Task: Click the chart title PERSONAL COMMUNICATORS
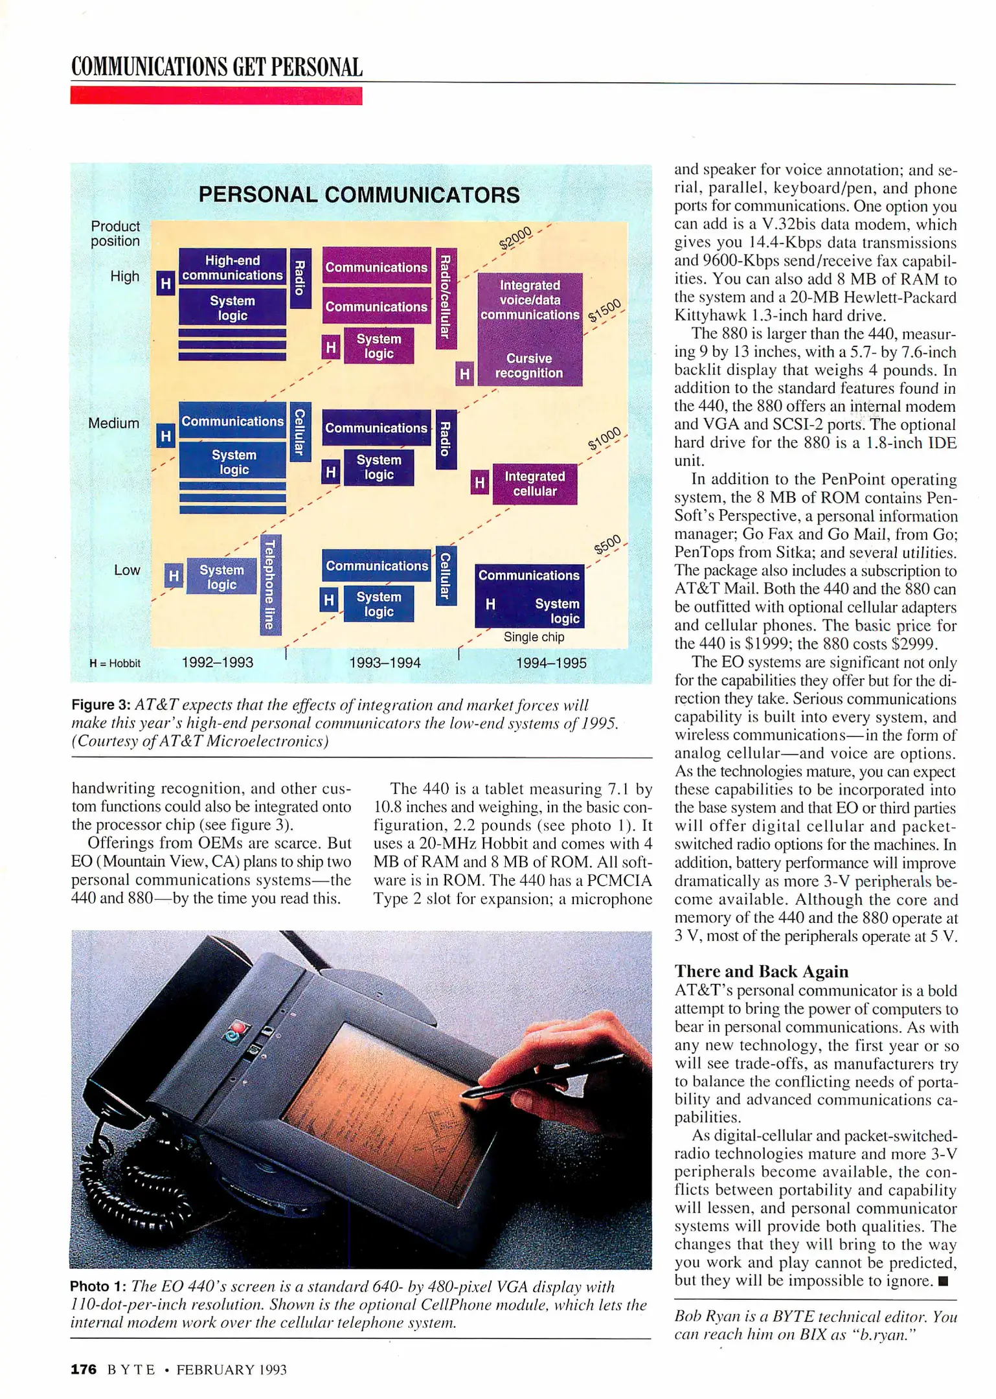point(359,194)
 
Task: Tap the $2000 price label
point(515,238)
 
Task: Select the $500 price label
point(608,545)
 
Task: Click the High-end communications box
point(232,267)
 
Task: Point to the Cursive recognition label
point(529,366)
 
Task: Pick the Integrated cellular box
point(534,484)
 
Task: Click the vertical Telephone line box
point(271,584)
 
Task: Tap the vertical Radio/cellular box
point(446,298)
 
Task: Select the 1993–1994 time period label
point(385,663)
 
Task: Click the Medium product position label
point(114,423)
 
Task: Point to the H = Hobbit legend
point(115,663)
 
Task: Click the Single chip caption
point(534,637)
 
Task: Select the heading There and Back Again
point(761,971)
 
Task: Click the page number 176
point(84,1369)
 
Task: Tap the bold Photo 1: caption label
point(98,1286)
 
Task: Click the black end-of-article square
point(943,1280)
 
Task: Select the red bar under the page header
point(216,96)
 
